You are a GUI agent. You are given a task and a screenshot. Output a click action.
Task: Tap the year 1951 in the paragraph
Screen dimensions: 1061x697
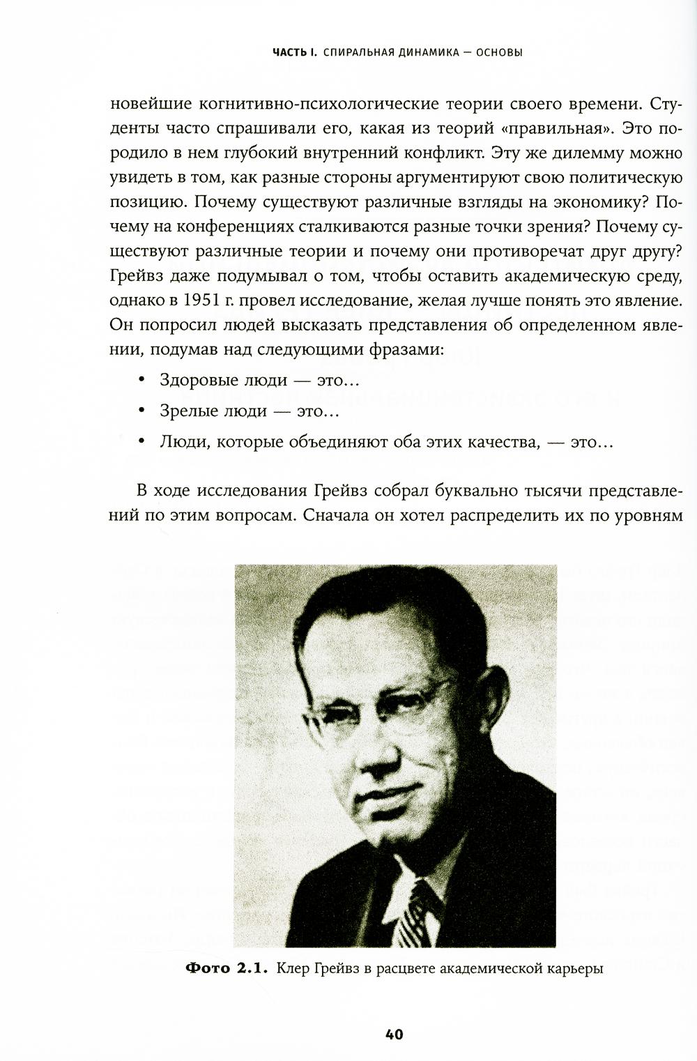tap(206, 301)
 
